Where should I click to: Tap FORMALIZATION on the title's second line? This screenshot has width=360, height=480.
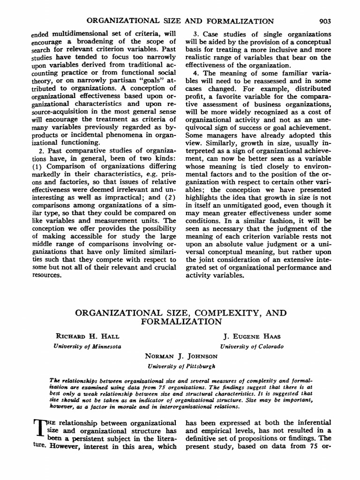coord(180,322)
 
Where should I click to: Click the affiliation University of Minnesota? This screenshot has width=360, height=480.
coord(88,346)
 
